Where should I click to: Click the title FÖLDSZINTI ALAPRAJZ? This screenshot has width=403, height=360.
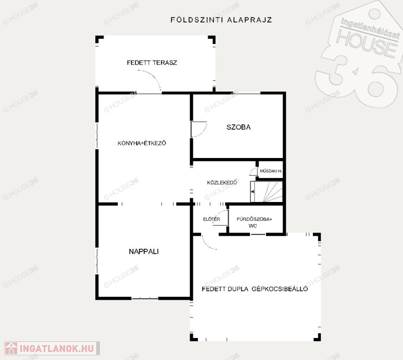(221, 20)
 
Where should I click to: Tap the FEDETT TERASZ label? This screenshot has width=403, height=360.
(152, 63)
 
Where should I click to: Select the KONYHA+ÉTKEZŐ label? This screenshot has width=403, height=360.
(142, 143)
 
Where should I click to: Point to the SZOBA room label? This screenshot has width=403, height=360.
(238, 127)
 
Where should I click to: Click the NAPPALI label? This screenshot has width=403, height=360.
(144, 251)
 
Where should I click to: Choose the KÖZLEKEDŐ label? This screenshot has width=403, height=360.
(222, 182)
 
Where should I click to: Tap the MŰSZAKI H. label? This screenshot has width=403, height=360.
(271, 171)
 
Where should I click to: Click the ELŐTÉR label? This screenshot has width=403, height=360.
(212, 219)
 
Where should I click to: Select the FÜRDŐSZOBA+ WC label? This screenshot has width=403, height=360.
(254, 222)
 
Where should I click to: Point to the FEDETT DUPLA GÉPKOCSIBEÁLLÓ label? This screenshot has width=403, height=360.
(255, 289)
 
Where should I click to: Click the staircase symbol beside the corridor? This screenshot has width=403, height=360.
(266, 192)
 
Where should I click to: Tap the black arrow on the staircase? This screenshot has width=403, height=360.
(252, 192)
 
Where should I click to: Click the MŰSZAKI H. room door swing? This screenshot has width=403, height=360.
(253, 171)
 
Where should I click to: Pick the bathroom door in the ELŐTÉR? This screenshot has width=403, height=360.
(221, 218)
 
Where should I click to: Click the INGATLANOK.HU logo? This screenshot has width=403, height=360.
(52, 348)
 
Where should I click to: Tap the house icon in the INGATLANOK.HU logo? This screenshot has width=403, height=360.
(11, 348)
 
